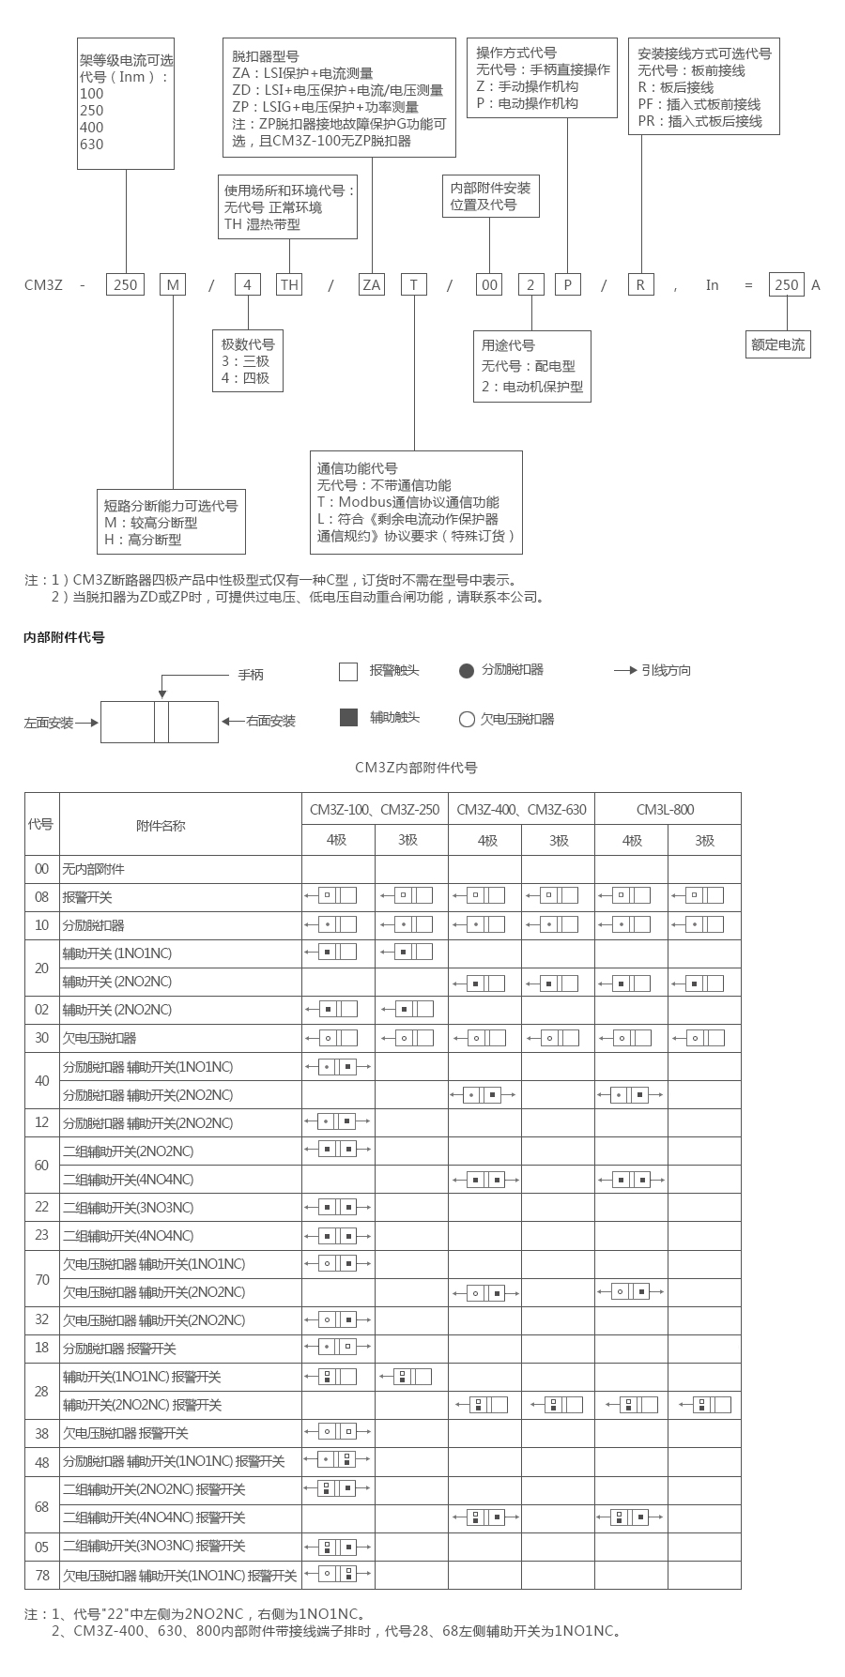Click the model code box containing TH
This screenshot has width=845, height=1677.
289,284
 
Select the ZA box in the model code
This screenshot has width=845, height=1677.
372,284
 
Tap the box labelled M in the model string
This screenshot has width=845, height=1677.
174,284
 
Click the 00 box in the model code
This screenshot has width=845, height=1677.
490,284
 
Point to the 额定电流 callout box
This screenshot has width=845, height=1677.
778,344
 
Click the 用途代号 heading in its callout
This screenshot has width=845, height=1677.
508,345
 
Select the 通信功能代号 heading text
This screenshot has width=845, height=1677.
357,468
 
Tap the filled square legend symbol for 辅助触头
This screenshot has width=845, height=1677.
348,718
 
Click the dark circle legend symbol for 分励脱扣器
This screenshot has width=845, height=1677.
467,670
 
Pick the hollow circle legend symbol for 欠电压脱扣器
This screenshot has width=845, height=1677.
467,720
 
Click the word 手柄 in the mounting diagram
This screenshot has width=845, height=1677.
251,675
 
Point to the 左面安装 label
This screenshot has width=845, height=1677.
49,723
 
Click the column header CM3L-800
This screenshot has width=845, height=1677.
666,809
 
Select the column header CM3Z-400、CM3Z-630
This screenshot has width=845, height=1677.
521,809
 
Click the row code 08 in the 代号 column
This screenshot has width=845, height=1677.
41,896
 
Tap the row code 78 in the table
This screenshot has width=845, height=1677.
41,1574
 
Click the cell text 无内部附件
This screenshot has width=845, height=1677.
93,869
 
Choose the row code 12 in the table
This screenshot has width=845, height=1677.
41,1122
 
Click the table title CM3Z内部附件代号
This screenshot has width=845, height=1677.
416,768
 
